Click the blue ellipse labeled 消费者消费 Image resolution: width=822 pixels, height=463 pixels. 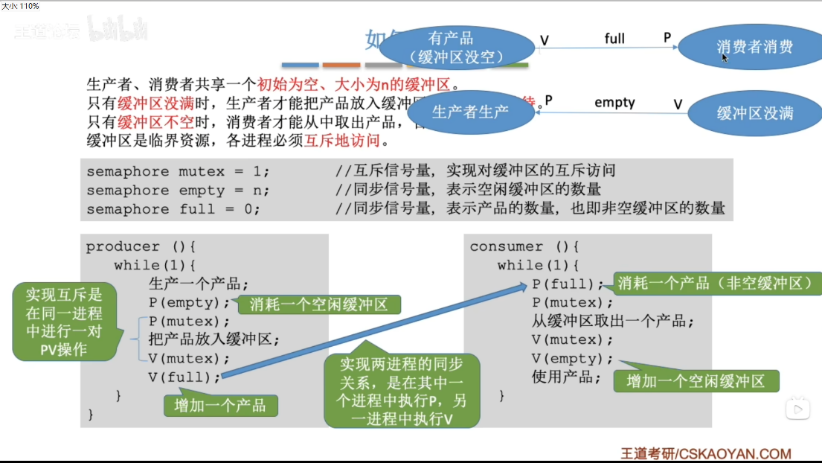[x=754, y=47]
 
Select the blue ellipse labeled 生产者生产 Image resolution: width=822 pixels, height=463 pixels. [x=470, y=112]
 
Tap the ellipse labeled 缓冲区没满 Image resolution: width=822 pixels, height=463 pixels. [x=754, y=113]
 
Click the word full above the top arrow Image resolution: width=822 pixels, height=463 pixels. [x=614, y=38]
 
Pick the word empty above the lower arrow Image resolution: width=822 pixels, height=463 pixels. [x=614, y=103]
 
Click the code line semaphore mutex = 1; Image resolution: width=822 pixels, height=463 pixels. [x=178, y=171]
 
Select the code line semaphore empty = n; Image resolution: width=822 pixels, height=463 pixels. [x=178, y=190]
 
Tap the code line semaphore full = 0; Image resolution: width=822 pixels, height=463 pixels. [x=173, y=209]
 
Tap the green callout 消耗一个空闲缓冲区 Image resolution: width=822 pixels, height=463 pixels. [x=318, y=304]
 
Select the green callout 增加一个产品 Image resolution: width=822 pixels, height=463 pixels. [x=220, y=405]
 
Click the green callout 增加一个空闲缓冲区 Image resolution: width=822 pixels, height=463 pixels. [x=696, y=381]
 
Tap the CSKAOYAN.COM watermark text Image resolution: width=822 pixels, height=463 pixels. [x=706, y=453]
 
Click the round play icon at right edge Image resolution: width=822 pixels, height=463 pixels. [x=798, y=408]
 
